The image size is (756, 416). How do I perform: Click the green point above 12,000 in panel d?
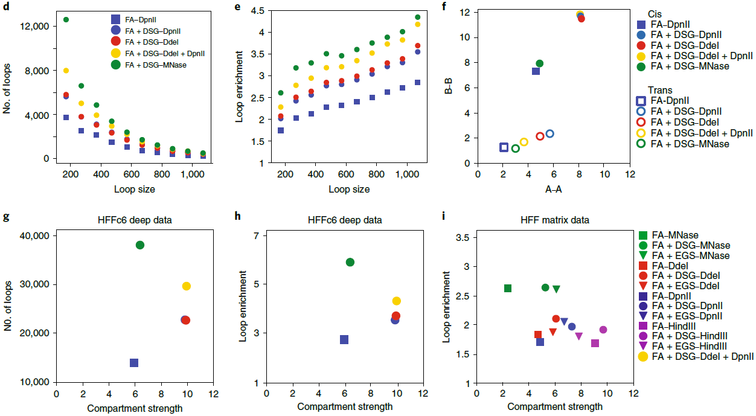pyautogui.click(x=66, y=20)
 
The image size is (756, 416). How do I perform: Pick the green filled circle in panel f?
pyautogui.click(x=540, y=63)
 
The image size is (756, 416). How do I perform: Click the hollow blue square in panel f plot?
pyautogui.click(x=504, y=147)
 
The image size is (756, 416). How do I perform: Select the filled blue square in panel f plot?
pyautogui.click(x=536, y=71)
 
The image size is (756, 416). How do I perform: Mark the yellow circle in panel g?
pyautogui.click(x=186, y=286)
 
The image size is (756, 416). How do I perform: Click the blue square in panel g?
pyautogui.click(x=134, y=363)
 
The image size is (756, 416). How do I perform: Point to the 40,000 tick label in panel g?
pyautogui.click(x=34, y=236)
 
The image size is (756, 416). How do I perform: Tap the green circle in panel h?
pyautogui.click(x=350, y=262)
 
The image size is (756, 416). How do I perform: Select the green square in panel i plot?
pyautogui.click(x=508, y=288)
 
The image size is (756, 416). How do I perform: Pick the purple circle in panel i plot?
pyautogui.click(x=603, y=330)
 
